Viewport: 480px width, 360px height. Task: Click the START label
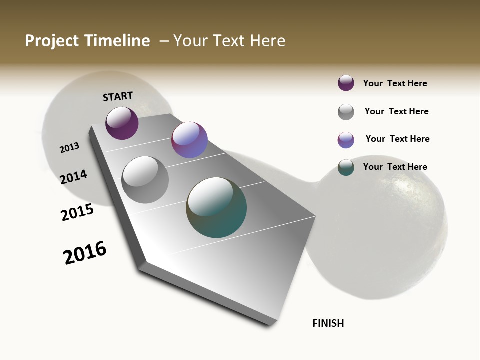[x=118, y=96]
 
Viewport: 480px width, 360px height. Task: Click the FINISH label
[x=328, y=323]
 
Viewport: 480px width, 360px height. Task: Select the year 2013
[x=70, y=148]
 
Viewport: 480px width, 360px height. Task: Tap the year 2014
[x=74, y=177]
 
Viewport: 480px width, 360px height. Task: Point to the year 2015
[x=77, y=212]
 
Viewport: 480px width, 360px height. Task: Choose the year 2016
[x=85, y=253]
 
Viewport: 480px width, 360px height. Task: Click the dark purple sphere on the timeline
[x=122, y=123]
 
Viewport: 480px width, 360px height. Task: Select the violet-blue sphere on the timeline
[x=189, y=140]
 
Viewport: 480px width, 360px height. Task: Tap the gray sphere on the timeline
[x=145, y=180]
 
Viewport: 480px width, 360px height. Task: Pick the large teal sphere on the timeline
[x=216, y=207]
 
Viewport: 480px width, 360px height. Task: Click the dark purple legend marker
[x=346, y=83]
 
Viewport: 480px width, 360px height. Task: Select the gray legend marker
[x=346, y=112]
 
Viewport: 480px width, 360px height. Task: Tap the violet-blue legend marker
[x=346, y=140]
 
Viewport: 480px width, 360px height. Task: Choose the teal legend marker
[x=346, y=167]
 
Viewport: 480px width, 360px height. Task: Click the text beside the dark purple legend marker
[x=395, y=83]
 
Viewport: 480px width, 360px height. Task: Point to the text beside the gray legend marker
[x=397, y=111]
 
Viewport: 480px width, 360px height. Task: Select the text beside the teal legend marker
[x=395, y=167]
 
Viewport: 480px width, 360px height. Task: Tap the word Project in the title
[x=51, y=41]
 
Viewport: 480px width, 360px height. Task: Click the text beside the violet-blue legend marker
[x=398, y=139]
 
